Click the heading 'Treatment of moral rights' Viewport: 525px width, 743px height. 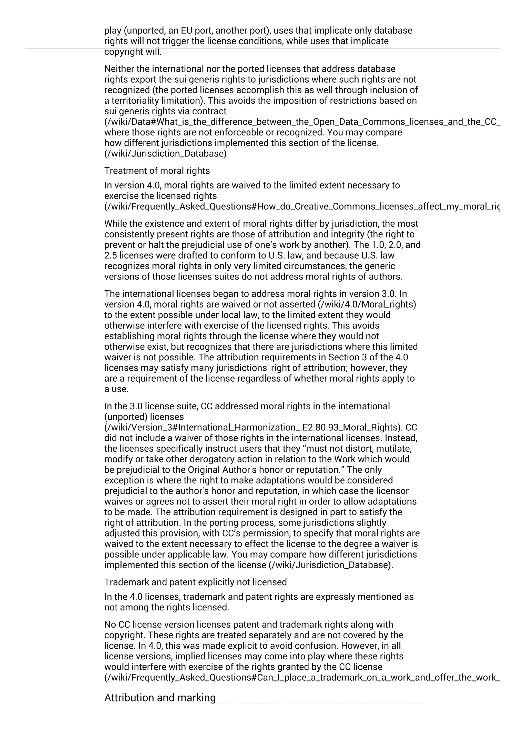coord(157,171)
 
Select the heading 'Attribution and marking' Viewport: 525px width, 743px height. coord(160,698)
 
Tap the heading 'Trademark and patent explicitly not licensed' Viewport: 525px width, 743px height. coord(195,582)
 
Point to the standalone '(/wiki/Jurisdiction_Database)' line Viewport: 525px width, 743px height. coord(165,153)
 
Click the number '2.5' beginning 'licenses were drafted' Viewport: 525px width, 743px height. coord(110,255)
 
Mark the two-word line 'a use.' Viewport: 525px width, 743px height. coord(116,389)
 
